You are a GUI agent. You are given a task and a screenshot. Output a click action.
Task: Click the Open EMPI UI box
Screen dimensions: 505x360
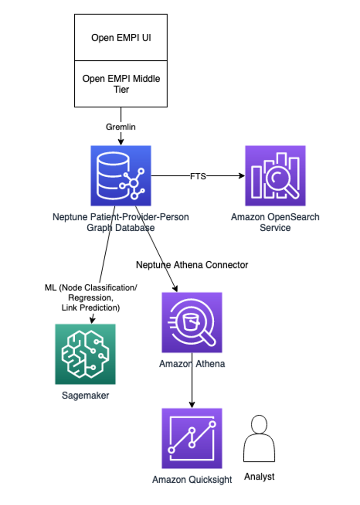[x=121, y=38]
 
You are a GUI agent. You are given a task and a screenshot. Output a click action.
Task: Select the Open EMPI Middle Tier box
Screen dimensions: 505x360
[x=121, y=84]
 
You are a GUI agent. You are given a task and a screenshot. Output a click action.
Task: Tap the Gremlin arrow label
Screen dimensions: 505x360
[x=120, y=126]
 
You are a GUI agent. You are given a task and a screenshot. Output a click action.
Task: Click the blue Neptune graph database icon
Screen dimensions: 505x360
[x=121, y=176]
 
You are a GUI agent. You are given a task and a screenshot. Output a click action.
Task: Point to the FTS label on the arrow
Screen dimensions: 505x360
[x=198, y=176]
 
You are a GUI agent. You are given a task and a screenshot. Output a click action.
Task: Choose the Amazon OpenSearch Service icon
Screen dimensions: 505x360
[x=275, y=176]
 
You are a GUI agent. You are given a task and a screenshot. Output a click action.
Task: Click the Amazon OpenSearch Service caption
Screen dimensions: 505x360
[x=275, y=222]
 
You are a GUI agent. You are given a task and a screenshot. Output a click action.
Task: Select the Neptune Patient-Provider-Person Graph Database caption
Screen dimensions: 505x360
[x=121, y=222]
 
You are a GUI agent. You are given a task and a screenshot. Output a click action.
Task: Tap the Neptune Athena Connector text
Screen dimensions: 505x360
[x=192, y=265]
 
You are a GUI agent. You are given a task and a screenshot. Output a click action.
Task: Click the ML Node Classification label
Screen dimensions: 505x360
[x=91, y=297]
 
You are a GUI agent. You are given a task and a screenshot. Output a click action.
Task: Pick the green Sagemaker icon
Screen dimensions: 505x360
[x=85, y=354]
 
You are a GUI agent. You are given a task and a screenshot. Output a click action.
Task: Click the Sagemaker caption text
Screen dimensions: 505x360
[x=85, y=396]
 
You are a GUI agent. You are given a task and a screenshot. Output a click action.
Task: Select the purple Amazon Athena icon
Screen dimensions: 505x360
[x=192, y=322]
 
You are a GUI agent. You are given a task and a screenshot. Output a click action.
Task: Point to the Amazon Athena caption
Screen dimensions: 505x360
[x=192, y=364]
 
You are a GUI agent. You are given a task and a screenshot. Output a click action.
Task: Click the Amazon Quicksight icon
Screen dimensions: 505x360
[x=192, y=438]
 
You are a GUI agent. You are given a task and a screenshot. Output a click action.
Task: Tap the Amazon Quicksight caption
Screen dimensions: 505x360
[x=192, y=480]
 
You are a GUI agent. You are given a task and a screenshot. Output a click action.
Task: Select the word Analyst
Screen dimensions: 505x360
[x=259, y=477]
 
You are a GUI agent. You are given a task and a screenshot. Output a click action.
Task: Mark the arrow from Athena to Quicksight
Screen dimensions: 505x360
[x=192, y=386]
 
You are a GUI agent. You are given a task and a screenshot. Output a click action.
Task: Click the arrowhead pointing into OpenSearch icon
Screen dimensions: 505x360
[x=242, y=176]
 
